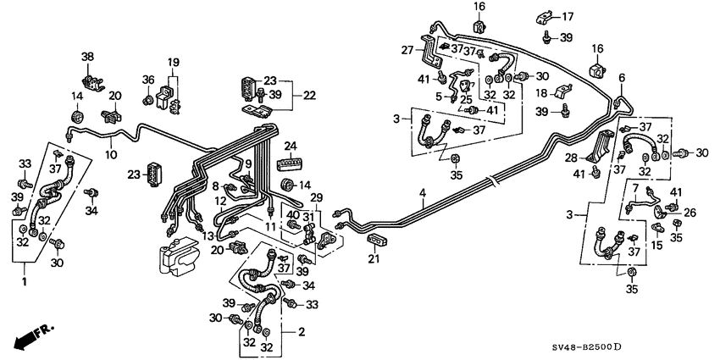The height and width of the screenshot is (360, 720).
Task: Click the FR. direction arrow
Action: [x=30, y=337]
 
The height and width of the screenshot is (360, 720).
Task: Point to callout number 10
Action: [x=111, y=155]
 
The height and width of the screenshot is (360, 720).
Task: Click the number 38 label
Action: [x=87, y=56]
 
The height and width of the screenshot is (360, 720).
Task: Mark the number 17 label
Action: [x=567, y=15]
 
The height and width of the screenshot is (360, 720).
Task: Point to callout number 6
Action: [x=622, y=78]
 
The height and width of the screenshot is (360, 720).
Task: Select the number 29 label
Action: [x=317, y=197]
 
